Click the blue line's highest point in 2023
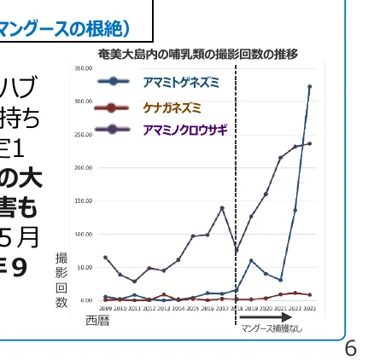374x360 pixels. point(309,86)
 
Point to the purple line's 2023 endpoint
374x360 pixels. point(309,143)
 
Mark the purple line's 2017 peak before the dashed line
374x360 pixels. point(222,207)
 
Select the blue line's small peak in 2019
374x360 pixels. point(251,260)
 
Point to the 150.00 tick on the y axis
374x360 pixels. point(83,200)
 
